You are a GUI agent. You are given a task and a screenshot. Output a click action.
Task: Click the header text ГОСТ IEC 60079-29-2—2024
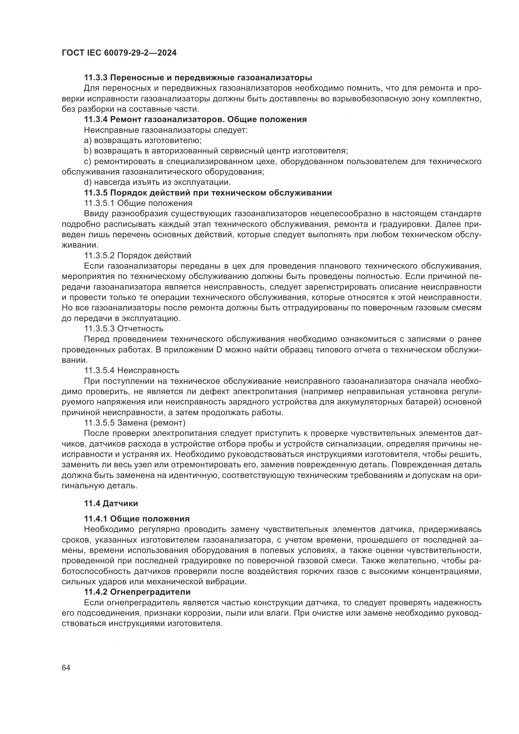119,53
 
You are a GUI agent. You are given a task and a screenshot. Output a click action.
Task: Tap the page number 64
66,668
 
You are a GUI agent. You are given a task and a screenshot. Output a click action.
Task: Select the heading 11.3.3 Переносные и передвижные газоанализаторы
198,78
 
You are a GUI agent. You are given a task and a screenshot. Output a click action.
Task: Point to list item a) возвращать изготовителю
142,140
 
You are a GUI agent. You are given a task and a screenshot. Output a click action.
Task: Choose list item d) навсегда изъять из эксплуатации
157,182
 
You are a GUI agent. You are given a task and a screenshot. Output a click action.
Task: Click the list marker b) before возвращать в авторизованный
88,151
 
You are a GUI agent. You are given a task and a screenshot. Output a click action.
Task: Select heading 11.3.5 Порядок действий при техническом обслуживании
208,193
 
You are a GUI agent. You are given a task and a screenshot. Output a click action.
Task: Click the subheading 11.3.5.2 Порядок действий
137,255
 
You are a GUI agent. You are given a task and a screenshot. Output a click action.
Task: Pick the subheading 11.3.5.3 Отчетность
124,329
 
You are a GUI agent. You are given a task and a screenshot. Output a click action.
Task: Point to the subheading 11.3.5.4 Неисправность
131,371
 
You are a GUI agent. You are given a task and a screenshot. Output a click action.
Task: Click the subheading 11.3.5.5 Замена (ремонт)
135,423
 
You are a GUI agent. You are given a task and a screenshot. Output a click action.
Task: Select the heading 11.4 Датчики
111,503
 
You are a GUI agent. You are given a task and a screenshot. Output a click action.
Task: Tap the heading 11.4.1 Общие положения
137,519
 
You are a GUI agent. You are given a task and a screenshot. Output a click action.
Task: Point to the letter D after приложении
219,350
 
